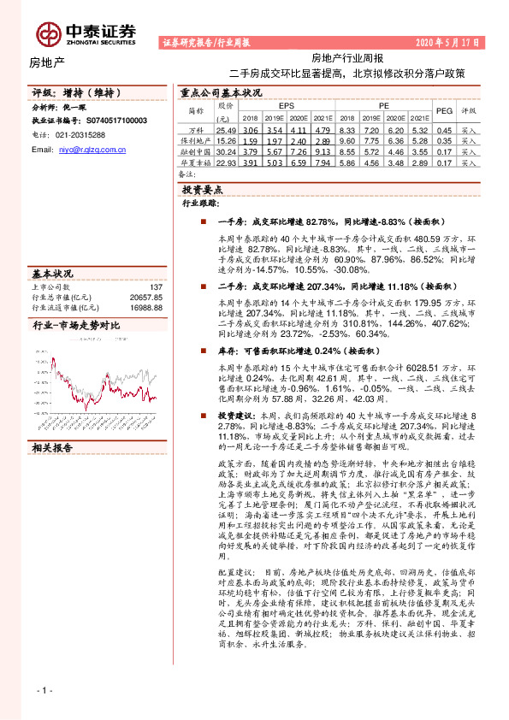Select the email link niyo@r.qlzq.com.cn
[x=93, y=149]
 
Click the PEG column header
[x=444, y=110]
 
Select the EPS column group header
[x=286, y=104]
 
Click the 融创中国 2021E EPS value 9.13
[x=321, y=150]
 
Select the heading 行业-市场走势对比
[x=75, y=326]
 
